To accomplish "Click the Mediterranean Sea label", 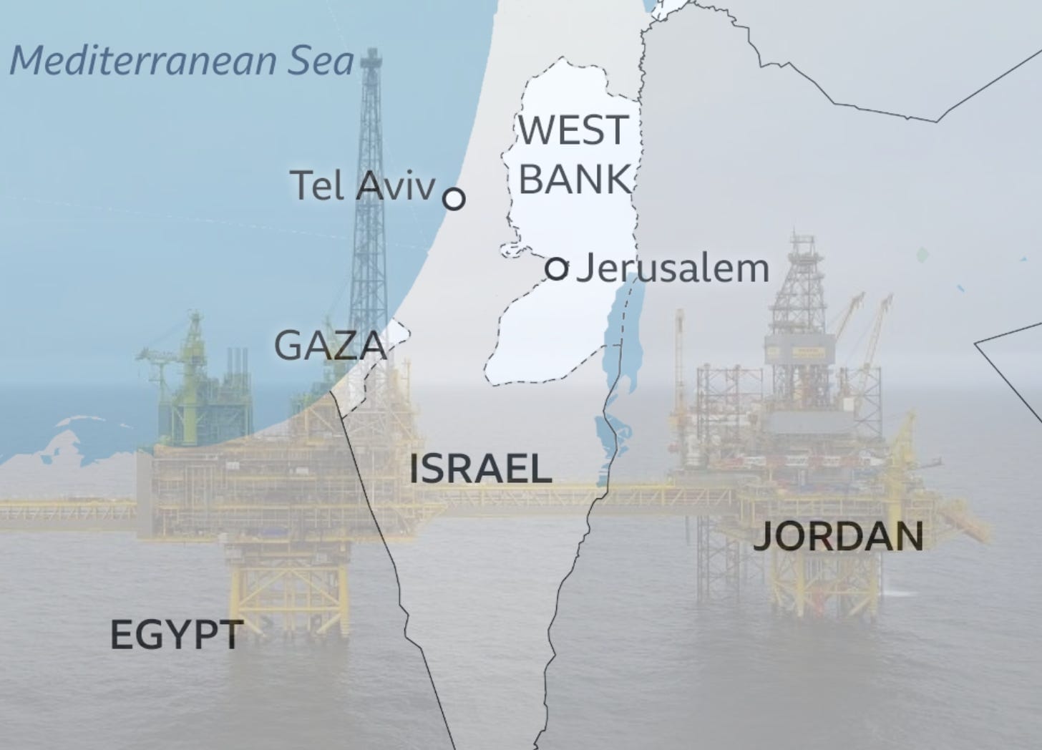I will (182, 61).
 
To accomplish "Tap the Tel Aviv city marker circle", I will (454, 198).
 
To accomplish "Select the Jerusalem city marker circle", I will (557, 269).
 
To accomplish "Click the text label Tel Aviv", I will (362, 186).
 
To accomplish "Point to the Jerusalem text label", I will (673, 269).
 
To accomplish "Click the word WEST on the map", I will (573, 131).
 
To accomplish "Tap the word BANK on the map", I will (575, 179).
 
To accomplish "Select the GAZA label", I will (330, 346).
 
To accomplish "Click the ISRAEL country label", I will (480, 469).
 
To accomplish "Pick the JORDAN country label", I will (838, 537).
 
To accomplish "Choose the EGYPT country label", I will (177, 635).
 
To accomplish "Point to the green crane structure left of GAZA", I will (192, 372).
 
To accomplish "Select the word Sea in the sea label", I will (321, 61).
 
